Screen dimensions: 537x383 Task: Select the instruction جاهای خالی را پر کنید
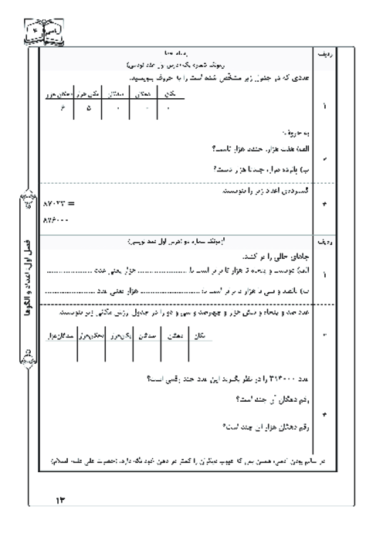(x=266, y=254)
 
